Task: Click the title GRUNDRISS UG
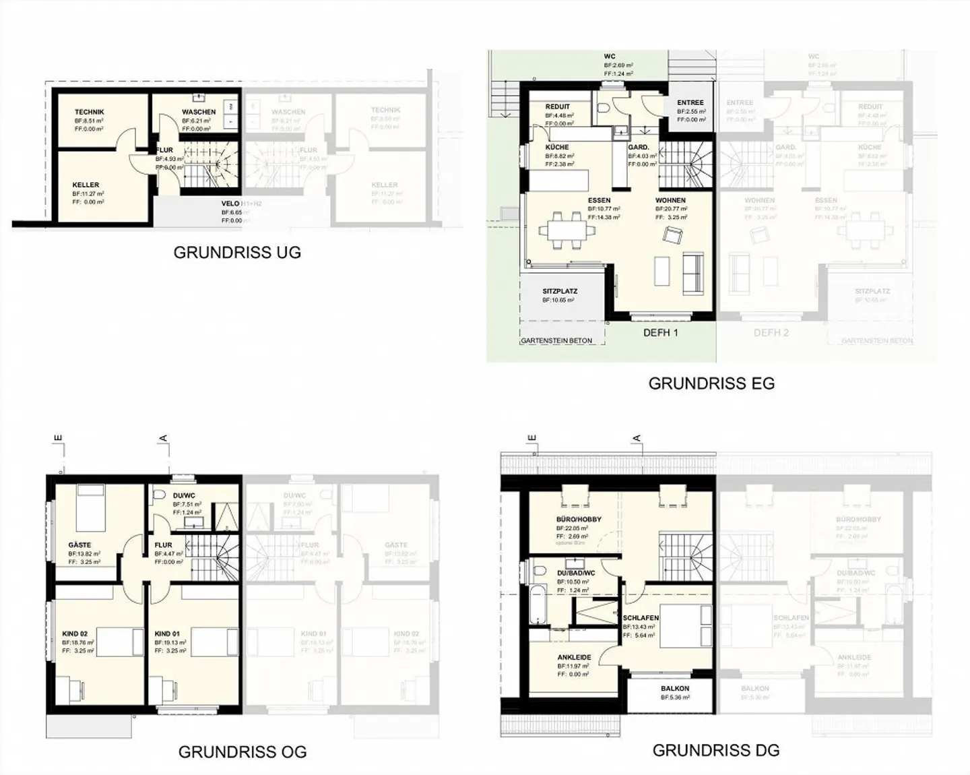tap(237, 253)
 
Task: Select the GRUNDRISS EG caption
tap(711, 383)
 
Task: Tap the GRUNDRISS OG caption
tap(242, 752)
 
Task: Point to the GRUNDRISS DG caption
tap(716, 750)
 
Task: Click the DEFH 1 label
tap(660, 332)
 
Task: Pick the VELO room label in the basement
tap(231, 204)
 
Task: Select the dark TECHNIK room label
tap(90, 112)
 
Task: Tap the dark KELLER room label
tap(86, 185)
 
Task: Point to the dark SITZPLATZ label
tap(560, 292)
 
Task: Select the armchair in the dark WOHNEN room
tap(672, 235)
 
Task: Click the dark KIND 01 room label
tap(167, 634)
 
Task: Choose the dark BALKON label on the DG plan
tap(674, 689)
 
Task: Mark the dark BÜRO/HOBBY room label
tap(579, 520)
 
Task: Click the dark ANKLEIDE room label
tap(574, 657)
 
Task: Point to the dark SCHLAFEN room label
tap(641, 618)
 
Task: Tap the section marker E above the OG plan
tap(59, 439)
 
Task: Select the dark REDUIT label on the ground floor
tap(558, 106)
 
